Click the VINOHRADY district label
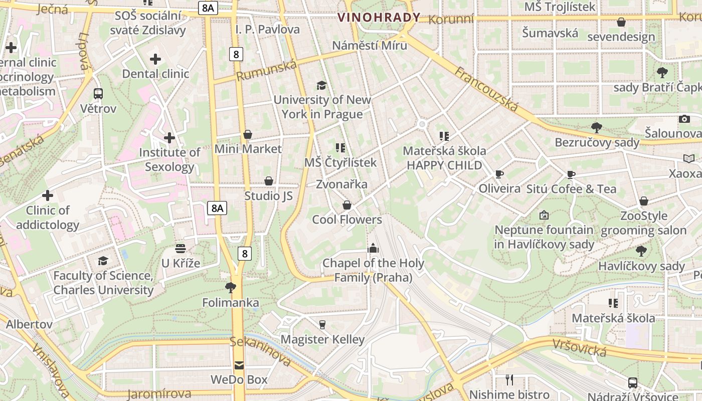(x=379, y=18)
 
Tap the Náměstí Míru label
(x=370, y=45)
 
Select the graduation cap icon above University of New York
(x=321, y=85)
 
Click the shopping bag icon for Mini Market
(x=248, y=134)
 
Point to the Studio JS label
(x=268, y=195)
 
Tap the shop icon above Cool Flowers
(x=346, y=205)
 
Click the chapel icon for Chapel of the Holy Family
(x=373, y=248)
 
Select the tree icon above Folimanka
(x=231, y=287)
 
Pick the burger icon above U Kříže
(x=181, y=248)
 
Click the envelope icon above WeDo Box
(x=239, y=365)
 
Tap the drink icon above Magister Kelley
(x=322, y=325)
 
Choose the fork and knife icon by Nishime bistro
(x=509, y=379)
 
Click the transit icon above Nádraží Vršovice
(x=633, y=383)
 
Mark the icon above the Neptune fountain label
(x=544, y=215)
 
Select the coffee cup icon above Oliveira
(x=499, y=174)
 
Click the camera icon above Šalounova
(x=684, y=119)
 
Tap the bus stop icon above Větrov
(x=98, y=93)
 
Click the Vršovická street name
(x=580, y=347)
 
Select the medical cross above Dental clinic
(x=155, y=59)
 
